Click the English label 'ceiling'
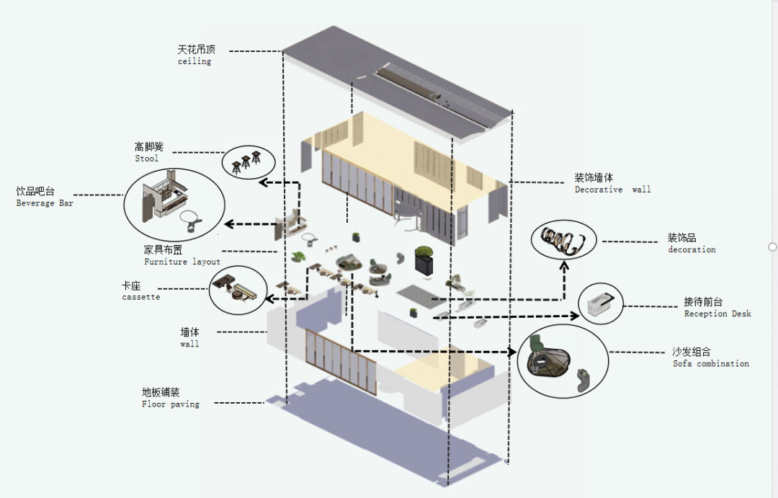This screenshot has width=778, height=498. click(194, 62)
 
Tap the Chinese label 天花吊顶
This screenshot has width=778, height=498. click(196, 50)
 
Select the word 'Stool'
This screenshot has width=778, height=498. click(146, 159)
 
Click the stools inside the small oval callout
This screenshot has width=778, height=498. click(246, 163)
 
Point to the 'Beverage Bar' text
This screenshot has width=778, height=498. click(45, 203)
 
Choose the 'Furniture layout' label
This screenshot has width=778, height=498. click(182, 262)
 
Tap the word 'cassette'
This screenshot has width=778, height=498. click(140, 297)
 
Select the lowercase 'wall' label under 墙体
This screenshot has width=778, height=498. click(189, 344)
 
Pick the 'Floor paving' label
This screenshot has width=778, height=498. click(170, 404)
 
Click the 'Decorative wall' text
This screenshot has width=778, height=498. click(612, 190)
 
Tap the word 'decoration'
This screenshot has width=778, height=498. click(692, 249)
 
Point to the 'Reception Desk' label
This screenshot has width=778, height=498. click(717, 314)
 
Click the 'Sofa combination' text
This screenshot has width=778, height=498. click(710, 364)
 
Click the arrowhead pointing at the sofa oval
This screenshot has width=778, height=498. click(512, 352)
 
